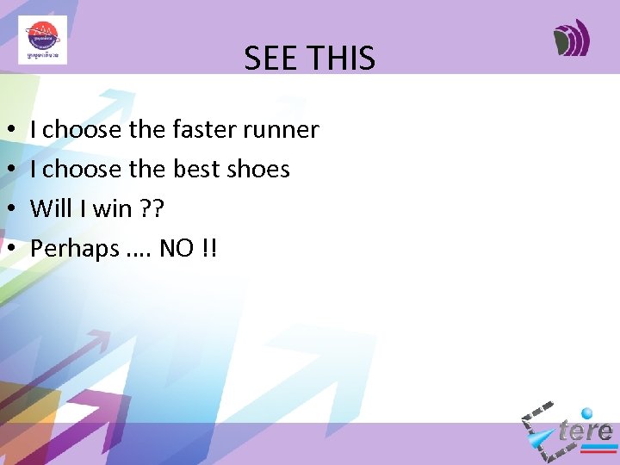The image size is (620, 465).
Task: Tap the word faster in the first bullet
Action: tap(203, 130)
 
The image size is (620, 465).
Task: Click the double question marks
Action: tap(153, 209)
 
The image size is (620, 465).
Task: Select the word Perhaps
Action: tap(75, 249)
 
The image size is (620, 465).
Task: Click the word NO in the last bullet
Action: tap(177, 249)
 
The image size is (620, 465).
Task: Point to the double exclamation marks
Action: tap(210, 249)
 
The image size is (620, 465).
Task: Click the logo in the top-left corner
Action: tap(42, 40)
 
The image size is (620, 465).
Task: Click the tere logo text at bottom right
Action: tap(586, 431)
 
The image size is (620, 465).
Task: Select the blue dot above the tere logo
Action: tap(587, 413)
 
